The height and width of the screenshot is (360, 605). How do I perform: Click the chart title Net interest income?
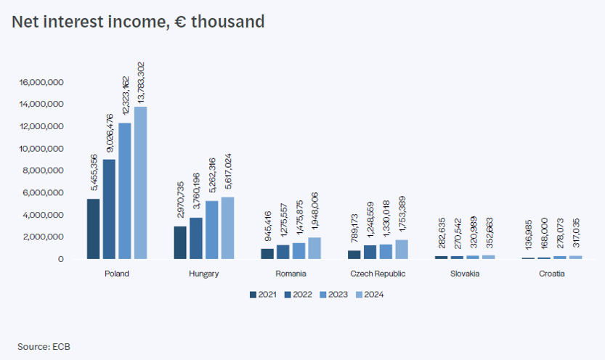[138, 22]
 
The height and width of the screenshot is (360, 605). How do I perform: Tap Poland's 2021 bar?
[93, 229]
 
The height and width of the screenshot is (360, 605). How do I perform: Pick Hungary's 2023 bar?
[212, 229]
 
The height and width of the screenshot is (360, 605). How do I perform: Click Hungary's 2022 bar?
[196, 238]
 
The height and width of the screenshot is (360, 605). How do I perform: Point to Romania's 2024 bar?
[314, 248]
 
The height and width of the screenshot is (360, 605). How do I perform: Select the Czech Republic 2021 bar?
[354, 255]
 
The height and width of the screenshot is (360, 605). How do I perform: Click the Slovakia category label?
[465, 274]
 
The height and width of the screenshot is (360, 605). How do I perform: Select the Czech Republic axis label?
[378, 274]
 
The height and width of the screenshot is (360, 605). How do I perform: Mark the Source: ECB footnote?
[44, 346]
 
